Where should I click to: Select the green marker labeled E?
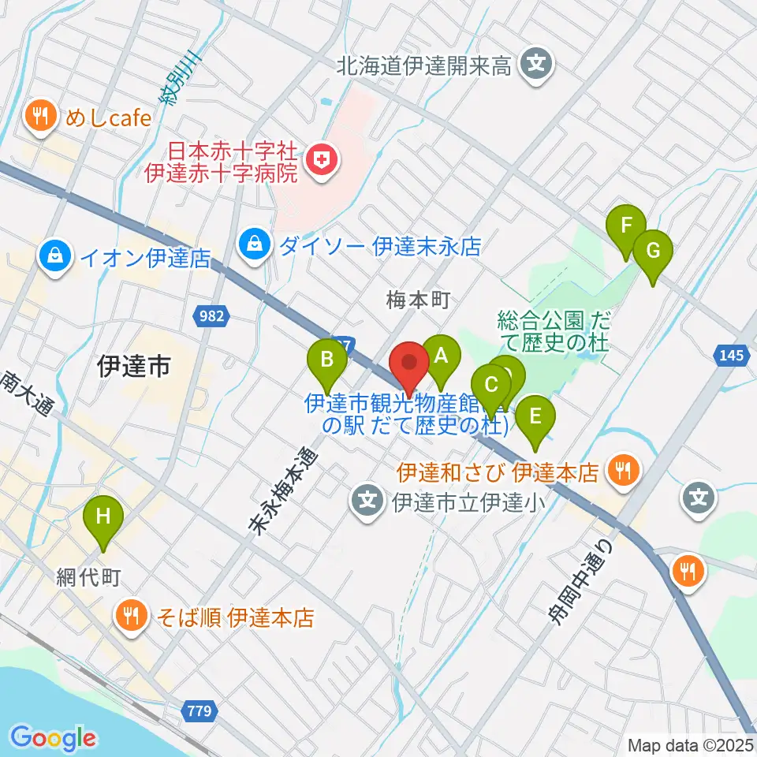[x=535, y=416]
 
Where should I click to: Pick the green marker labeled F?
[x=626, y=226]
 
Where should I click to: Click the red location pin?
[x=409, y=364]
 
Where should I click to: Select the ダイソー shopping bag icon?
[x=255, y=244]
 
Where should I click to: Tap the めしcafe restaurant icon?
[x=39, y=117]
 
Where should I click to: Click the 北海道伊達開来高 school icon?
[x=537, y=64]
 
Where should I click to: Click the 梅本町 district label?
[x=417, y=300]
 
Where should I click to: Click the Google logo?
[x=53, y=738]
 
